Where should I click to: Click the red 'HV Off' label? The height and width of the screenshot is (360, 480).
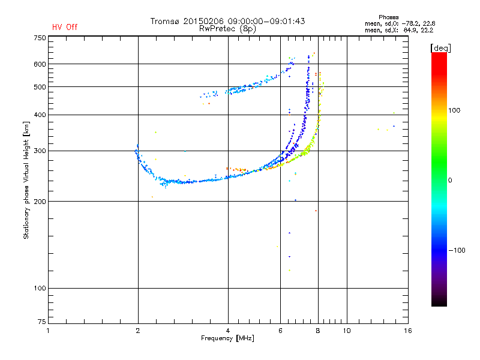(x=64, y=27)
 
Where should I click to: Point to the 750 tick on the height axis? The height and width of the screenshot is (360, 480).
(x=40, y=38)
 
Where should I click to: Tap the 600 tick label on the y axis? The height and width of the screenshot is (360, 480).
(x=40, y=64)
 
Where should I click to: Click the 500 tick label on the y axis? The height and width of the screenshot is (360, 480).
(x=40, y=87)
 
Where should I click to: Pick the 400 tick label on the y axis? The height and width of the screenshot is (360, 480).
(x=40, y=115)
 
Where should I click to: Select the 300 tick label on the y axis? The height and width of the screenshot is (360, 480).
(x=40, y=151)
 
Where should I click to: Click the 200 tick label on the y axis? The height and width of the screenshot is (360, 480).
(x=40, y=201)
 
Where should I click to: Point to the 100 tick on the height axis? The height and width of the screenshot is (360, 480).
(x=40, y=289)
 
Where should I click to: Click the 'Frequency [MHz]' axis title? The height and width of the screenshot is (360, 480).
(x=227, y=338)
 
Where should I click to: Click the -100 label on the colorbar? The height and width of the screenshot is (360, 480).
(x=457, y=250)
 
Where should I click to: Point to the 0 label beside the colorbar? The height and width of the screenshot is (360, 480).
(x=451, y=180)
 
